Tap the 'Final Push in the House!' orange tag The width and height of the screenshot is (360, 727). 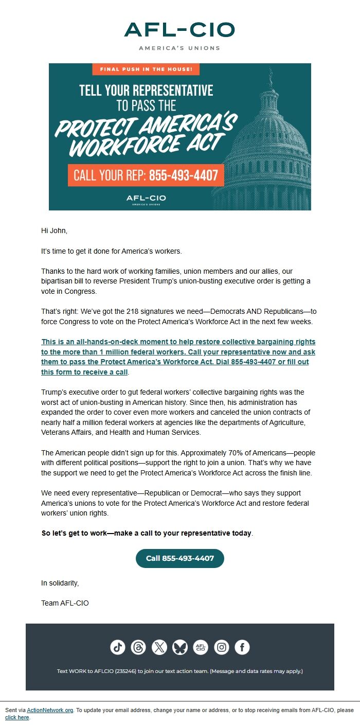tap(146, 69)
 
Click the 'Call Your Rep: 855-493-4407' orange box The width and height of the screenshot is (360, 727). tap(146, 175)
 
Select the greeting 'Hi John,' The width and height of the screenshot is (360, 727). tap(54, 230)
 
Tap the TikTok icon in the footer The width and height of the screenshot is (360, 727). tap(118, 647)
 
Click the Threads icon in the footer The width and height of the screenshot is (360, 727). tap(138, 647)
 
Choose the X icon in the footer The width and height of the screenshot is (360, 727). tap(159, 647)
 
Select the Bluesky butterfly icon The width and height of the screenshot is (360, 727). tap(180, 647)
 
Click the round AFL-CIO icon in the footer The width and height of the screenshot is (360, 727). tap(201, 647)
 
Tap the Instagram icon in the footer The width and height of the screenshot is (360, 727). tap(222, 647)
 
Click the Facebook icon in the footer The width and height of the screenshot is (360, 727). tap(242, 647)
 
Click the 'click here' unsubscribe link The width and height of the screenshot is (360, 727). tap(17, 717)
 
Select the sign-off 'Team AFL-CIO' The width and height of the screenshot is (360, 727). tap(65, 603)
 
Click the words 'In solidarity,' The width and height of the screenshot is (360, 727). tap(60, 583)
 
